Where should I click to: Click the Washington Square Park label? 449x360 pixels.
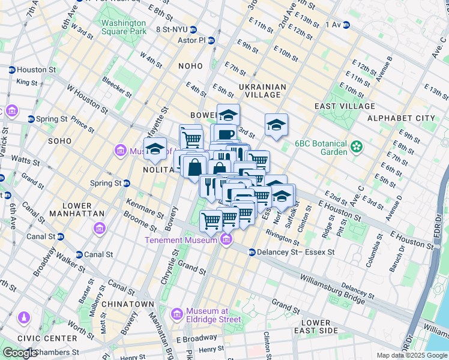pos(124,27)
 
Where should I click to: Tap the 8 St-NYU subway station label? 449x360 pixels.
pos(173,28)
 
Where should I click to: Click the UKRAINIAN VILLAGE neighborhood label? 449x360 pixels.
pos(262,91)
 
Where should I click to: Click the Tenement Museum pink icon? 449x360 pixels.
pos(226,241)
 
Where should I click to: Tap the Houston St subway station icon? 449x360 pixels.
pos(12,70)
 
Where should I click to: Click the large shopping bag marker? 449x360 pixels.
pos(195,166)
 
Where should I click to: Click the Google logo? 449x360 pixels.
pos(21,353)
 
